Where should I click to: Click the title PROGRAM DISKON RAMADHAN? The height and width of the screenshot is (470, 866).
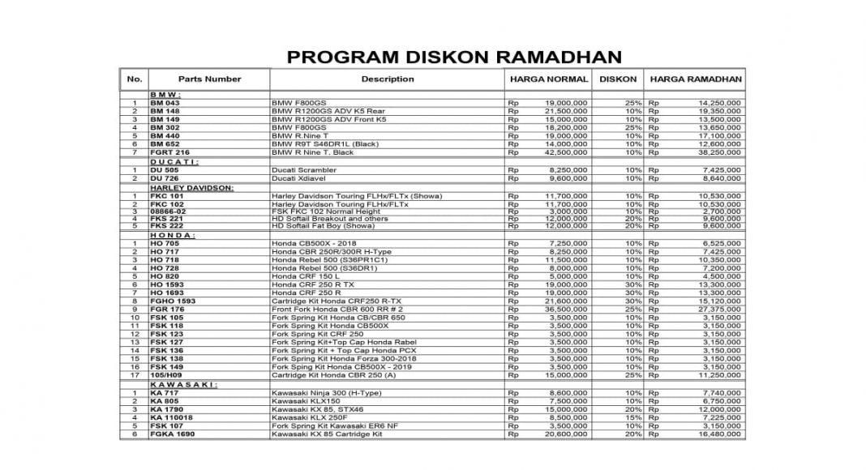tap(454, 57)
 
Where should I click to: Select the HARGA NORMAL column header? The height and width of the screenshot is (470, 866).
tap(549, 79)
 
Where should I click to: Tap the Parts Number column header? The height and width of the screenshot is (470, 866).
tap(209, 79)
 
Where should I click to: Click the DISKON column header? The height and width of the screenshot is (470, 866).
tap(618, 79)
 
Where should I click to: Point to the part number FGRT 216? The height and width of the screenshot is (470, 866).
tap(169, 152)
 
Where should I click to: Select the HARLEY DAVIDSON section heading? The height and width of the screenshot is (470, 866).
tap(191, 187)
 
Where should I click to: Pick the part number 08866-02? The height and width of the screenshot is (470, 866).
tap(169, 211)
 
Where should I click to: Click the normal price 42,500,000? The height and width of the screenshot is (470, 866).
tap(565, 152)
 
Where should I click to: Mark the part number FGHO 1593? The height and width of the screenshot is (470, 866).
tap(173, 301)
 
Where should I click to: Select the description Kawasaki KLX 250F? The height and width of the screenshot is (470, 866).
tap(311, 417)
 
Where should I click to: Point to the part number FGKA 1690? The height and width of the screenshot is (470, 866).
tap(173, 434)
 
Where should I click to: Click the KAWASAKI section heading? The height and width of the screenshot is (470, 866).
tap(173, 384)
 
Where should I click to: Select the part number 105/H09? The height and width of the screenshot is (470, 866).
tap(167, 375)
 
